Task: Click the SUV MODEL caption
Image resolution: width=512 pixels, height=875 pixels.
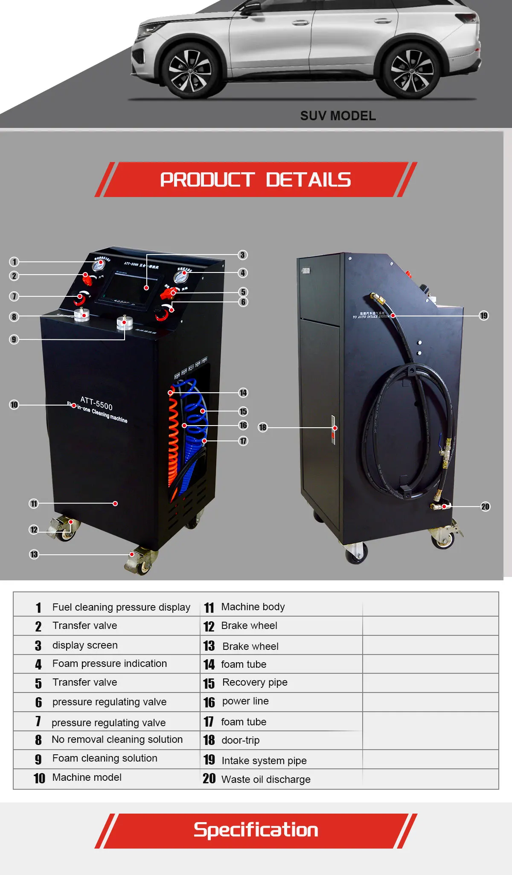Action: pyautogui.click(x=338, y=116)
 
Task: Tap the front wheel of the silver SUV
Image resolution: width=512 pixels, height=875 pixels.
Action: pyautogui.click(x=190, y=70)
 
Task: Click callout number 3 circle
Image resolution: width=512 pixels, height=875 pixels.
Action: pyautogui.click(x=242, y=255)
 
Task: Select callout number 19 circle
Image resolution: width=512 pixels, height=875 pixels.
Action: pyautogui.click(x=483, y=316)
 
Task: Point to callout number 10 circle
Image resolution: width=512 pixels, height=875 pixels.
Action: pyautogui.click(x=14, y=405)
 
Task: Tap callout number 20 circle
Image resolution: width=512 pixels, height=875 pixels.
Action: pyautogui.click(x=485, y=507)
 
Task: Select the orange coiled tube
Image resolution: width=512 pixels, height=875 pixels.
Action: pyautogui.click(x=173, y=439)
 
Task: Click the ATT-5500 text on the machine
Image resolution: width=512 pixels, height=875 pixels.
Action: pyautogui.click(x=96, y=403)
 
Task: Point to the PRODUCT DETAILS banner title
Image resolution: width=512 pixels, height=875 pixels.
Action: pyautogui.click(x=255, y=180)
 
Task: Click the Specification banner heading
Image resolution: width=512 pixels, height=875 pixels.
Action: pyautogui.click(x=256, y=830)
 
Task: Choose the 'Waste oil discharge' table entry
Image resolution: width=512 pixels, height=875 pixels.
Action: pyautogui.click(x=265, y=779)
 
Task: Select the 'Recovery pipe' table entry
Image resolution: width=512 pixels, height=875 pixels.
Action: pyautogui.click(x=254, y=682)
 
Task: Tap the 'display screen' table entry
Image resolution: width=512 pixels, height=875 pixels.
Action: pyautogui.click(x=84, y=645)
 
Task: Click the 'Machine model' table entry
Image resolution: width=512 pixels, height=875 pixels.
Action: pyautogui.click(x=87, y=777)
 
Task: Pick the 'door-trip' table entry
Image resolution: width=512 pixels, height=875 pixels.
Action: pyautogui.click(x=240, y=740)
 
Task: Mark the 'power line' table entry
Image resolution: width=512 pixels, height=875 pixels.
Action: pyautogui.click(x=245, y=701)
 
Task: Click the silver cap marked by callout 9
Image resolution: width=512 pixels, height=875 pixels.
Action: pyautogui.click(x=125, y=322)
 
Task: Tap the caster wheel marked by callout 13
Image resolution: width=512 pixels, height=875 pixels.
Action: pyautogui.click(x=142, y=563)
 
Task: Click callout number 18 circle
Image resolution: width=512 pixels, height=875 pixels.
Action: pyautogui.click(x=263, y=427)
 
